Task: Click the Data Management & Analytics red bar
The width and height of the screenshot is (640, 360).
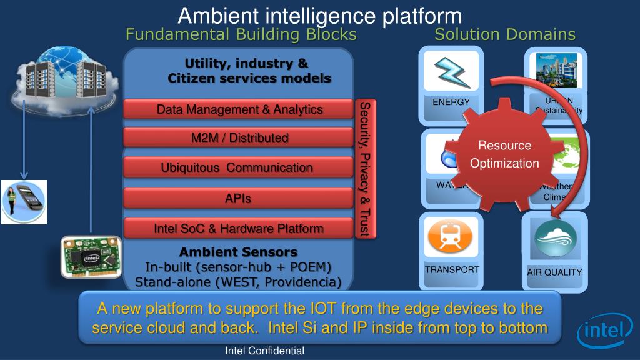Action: tap(239, 109)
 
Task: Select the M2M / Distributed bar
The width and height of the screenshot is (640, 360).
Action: tap(239, 137)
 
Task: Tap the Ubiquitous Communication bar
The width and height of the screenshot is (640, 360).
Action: tap(237, 167)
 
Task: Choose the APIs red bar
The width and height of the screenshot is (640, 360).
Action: tap(238, 199)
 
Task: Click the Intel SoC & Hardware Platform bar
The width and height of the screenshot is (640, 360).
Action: tap(239, 229)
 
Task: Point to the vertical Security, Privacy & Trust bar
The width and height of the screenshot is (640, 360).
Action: tap(364, 169)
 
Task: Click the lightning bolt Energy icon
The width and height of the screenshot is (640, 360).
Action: tap(451, 71)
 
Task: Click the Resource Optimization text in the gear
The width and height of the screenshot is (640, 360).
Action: tap(504, 154)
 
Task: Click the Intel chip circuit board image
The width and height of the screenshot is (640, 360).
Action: tap(91, 257)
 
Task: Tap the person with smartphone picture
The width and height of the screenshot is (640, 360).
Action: tap(24, 202)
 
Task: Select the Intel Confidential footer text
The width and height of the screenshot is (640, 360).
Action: tap(264, 351)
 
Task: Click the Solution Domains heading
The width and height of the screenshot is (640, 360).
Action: tap(505, 34)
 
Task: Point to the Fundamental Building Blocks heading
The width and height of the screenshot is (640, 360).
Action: tap(241, 34)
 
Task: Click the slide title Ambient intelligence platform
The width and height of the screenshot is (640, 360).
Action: tap(319, 15)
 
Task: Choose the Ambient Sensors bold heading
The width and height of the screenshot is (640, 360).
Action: tap(238, 252)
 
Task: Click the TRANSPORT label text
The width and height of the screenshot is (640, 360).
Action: tap(452, 270)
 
